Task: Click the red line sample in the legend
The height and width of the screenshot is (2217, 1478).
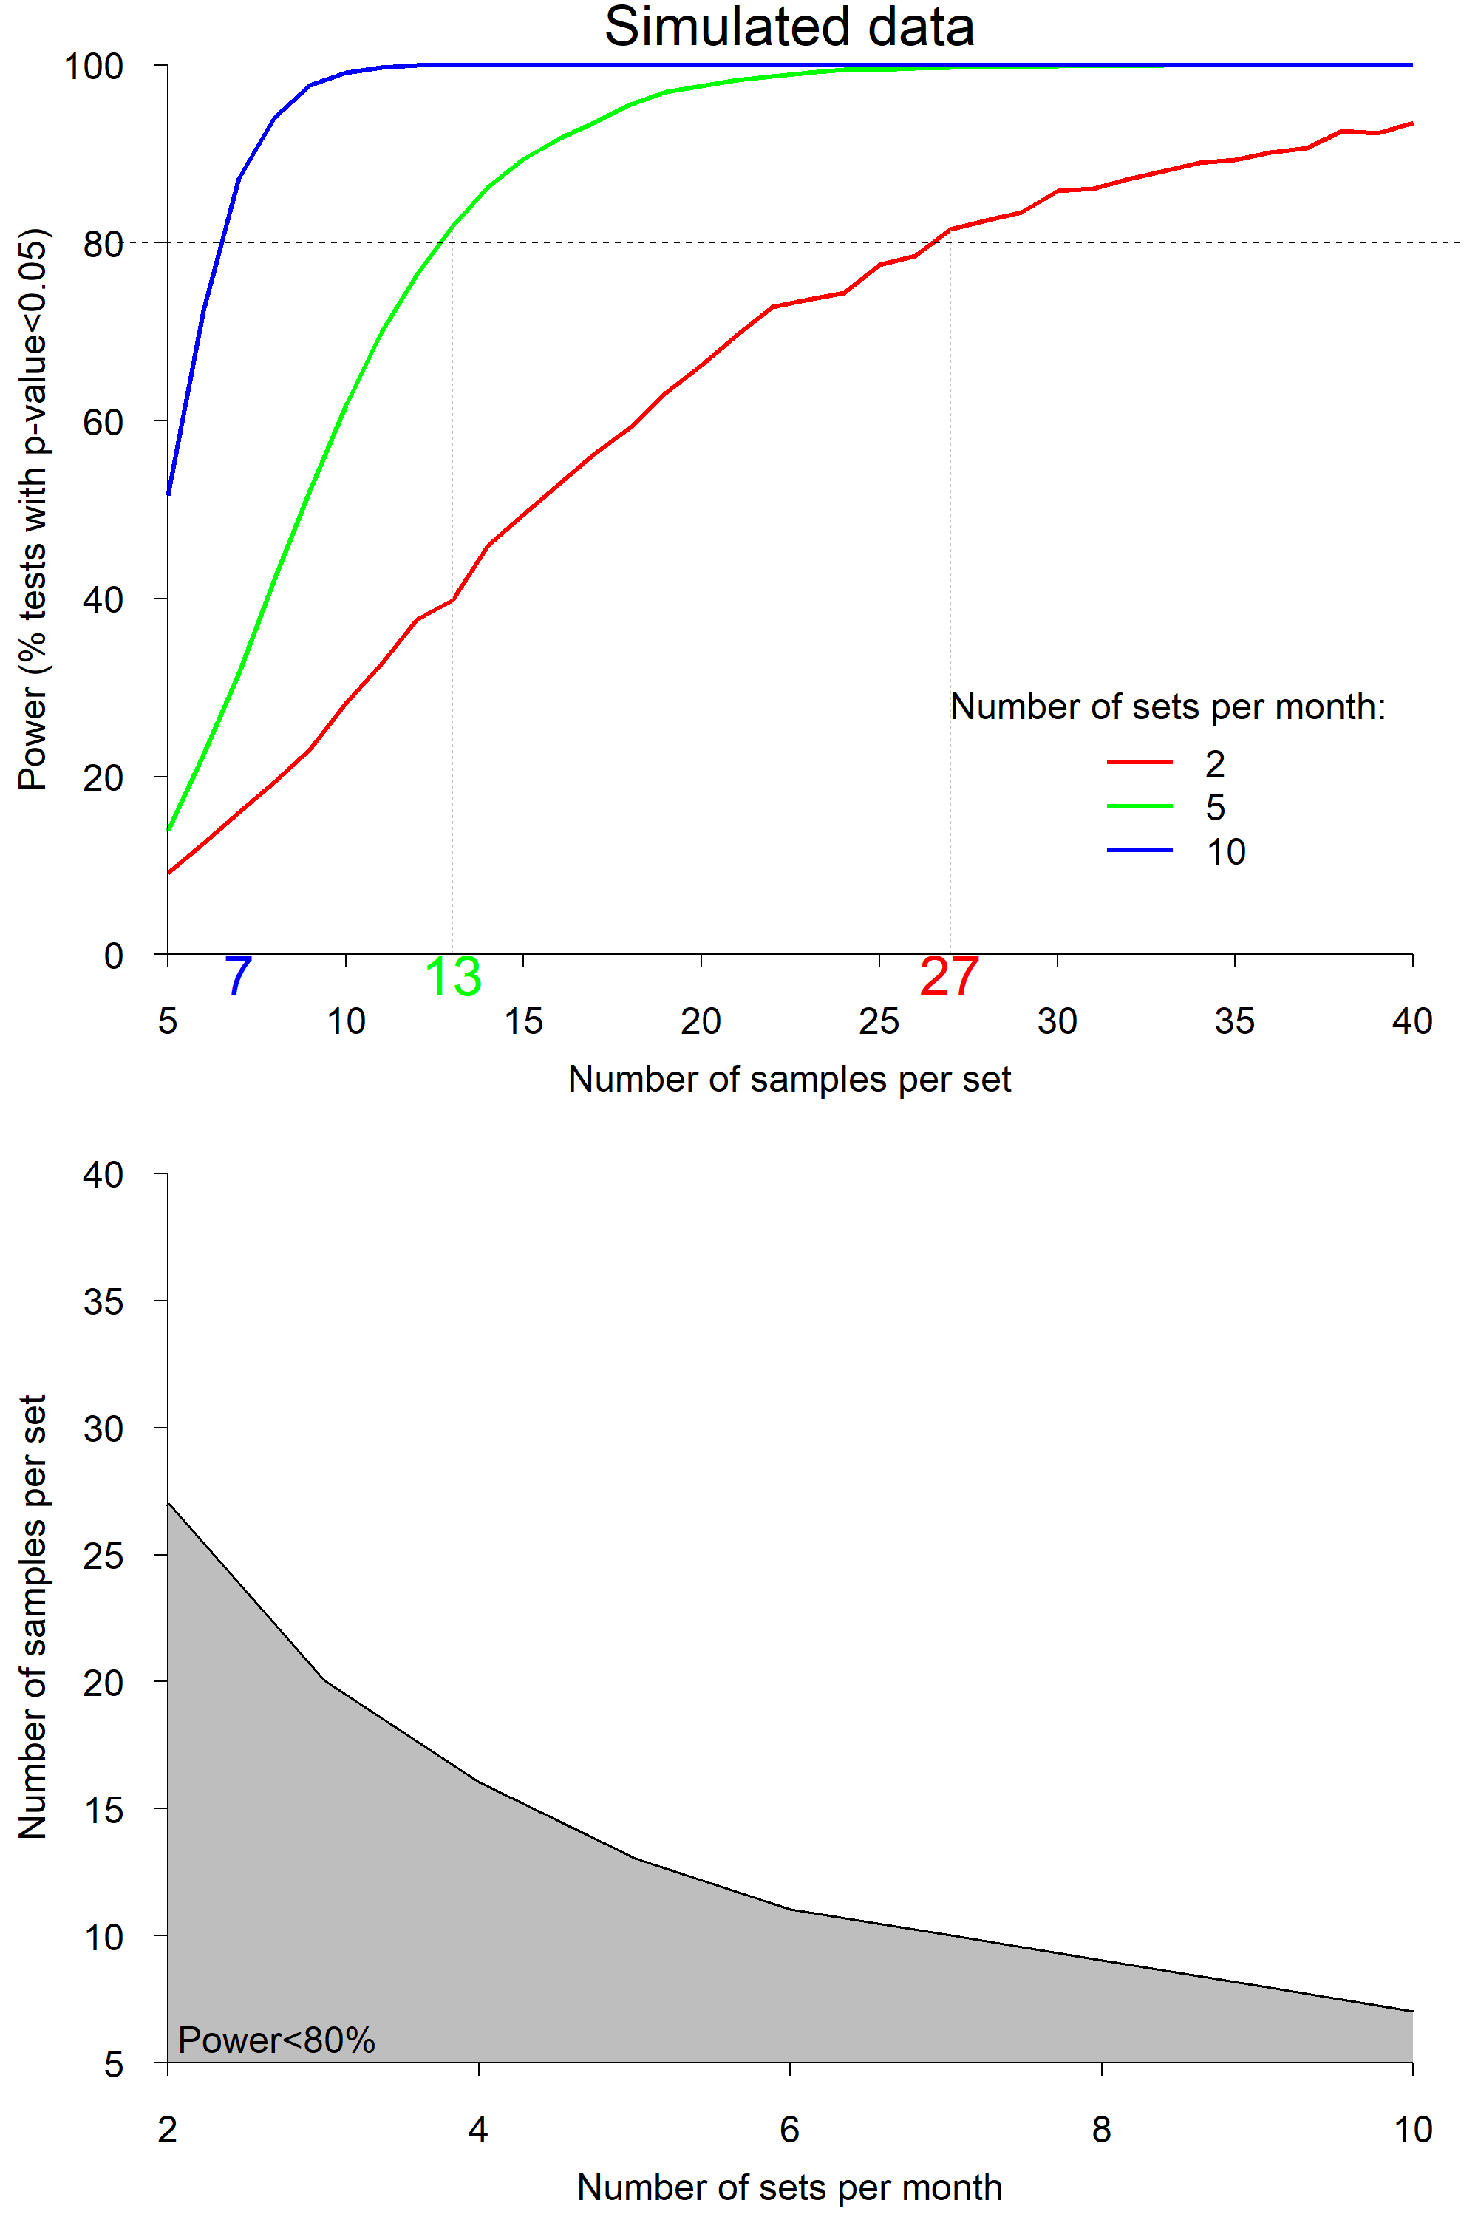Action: (1139, 762)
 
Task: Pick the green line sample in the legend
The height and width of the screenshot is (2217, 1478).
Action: (1139, 806)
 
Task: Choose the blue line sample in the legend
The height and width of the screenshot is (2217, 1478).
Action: (1139, 851)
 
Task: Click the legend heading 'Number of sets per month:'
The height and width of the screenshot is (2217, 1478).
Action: (1167, 707)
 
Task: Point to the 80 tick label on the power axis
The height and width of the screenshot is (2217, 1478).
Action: (103, 244)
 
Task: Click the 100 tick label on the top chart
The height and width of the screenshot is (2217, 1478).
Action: (93, 67)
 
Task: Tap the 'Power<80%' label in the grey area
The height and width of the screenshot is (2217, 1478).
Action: (276, 2040)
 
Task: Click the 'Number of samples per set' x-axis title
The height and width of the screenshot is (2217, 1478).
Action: (789, 1079)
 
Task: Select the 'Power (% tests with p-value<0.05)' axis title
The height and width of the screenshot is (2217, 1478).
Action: (33, 509)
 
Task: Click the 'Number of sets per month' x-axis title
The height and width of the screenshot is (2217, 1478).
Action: (789, 2187)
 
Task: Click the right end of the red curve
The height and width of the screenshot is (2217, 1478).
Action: (1411, 123)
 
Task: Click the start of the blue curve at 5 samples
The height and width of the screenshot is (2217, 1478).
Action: (168, 492)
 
